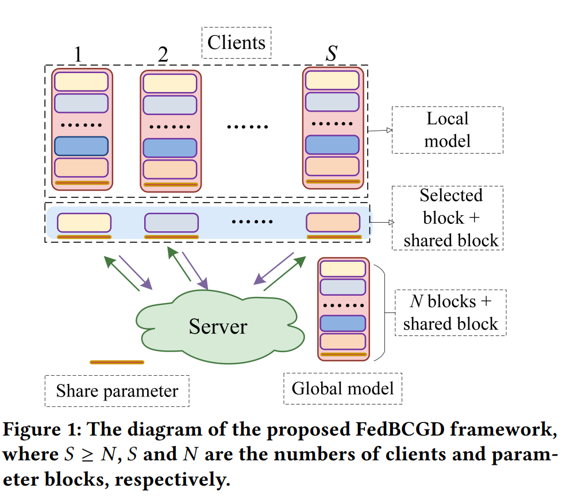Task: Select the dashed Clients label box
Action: point(236,43)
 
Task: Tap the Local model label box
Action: point(447,129)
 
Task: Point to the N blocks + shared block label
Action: point(450,312)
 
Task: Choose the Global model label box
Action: point(342,388)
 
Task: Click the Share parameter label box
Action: point(117,391)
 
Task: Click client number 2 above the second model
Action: point(163,55)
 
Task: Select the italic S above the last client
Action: point(332,54)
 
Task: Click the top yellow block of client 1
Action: point(81,81)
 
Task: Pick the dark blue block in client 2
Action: point(170,148)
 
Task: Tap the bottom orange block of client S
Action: point(332,166)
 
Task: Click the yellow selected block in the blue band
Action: point(84,222)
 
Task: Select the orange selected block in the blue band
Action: point(333,222)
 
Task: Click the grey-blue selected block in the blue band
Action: point(171,222)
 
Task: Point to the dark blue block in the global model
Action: point(342,323)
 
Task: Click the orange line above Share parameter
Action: point(117,362)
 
